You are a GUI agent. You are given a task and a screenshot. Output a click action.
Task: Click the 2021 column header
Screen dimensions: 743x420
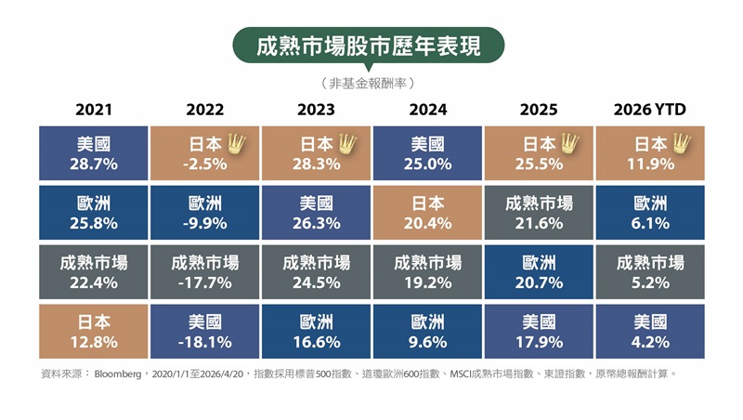click(x=94, y=110)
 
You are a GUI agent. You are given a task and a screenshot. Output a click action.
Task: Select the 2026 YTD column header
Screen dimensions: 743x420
click(x=649, y=110)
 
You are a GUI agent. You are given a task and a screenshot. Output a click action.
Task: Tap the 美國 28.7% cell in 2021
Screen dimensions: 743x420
click(x=94, y=153)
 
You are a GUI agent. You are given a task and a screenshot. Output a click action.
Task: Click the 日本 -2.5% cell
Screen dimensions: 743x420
click(x=204, y=153)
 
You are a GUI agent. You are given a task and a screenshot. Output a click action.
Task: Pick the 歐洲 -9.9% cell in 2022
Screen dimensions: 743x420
click(x=204, y=213)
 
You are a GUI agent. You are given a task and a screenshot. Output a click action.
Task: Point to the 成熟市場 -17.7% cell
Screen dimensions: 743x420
click(x=204, y=272)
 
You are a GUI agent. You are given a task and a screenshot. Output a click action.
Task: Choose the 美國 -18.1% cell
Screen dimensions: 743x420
click(x=204, y=332)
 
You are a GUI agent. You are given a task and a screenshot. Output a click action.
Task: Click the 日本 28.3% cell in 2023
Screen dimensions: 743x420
click(x=316, y=153)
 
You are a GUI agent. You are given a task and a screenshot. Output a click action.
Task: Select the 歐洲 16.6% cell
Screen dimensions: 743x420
click(x=316, y=332)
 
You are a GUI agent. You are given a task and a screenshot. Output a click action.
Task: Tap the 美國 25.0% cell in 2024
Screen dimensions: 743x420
click(x=427, y=153)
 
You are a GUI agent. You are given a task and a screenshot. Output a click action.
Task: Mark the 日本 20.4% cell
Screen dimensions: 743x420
click(x=427, y=213)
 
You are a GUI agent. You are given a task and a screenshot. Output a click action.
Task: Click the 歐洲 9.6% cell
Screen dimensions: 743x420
click(x=427, y=332)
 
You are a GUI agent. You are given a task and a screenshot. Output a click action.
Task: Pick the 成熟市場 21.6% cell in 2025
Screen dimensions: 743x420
click(x=539, y=213)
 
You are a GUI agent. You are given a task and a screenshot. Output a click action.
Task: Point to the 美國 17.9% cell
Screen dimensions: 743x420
click(x=539, y=332)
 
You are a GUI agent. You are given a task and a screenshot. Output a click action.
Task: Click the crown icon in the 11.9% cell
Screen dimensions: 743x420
click(x=682, y=143)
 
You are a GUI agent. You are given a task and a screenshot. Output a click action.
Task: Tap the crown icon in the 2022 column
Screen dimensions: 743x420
click(x=237, y=143)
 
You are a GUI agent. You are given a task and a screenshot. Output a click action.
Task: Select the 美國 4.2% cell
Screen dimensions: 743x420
click(x=650, y=332)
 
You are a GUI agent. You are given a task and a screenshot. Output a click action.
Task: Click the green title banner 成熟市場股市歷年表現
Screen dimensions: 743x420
click(x=368, y=46)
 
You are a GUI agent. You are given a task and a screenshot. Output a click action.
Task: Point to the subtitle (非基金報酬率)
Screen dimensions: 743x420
click(x=368, y=84)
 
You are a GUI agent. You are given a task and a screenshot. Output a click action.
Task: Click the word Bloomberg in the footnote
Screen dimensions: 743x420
click(x=118, y=374)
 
